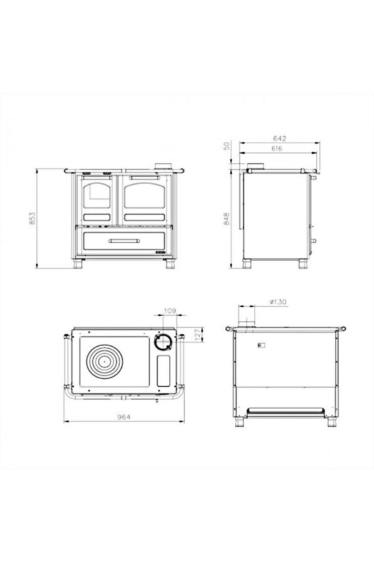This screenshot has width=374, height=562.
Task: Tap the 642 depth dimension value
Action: pyautogui.click(x=279, y=138)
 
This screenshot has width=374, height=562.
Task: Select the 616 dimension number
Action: pyautogui.click(x=276, y=149)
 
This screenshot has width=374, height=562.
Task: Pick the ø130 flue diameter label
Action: pyautogui.click(x=278, y=302)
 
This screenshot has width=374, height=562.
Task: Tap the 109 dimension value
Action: pyautogui.click(x=170, y=311)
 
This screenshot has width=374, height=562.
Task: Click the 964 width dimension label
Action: pyautogui.click(x=124, y=417)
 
